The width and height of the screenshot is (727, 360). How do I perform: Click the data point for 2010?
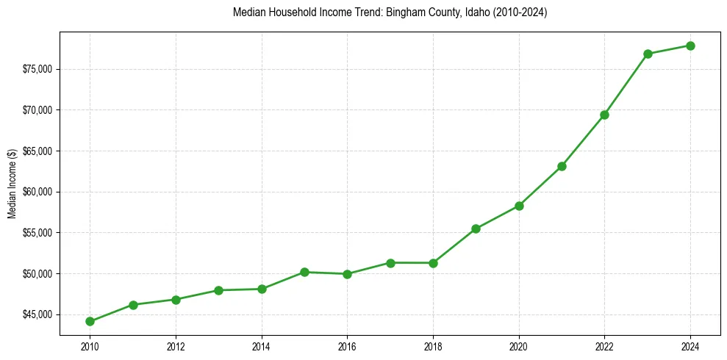(x=90, y=321)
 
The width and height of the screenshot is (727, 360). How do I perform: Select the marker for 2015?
(x=304, y=272)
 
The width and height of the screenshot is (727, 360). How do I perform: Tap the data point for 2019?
(x=476, y=228)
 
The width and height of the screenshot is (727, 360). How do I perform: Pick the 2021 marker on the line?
(x=562, y=166)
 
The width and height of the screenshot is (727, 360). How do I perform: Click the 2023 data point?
(x=648, y=54)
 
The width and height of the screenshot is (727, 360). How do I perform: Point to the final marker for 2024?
(x=690, y=46)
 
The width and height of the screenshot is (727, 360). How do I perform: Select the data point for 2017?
(x=390, y=263)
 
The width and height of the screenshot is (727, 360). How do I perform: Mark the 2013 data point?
(x=218, y=290)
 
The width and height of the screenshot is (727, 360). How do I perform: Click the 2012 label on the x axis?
(x=176, y=346)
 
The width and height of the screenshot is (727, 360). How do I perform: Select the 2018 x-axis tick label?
(x=433, y=346)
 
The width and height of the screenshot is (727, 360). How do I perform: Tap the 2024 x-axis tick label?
(x=690, y=346)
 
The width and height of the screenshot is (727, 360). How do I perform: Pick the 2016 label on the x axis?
(x=347, y=346)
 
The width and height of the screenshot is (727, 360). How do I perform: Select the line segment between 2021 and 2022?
(x=583, y=140)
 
